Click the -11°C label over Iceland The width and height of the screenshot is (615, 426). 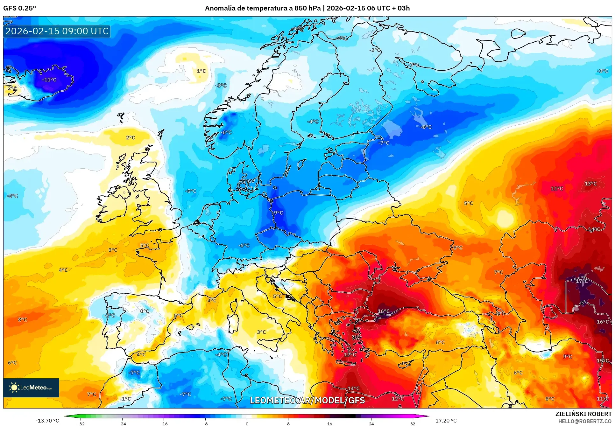49,80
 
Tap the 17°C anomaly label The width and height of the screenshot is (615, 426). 582,281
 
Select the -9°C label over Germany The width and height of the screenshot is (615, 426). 278,213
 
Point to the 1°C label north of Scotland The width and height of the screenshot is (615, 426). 201,71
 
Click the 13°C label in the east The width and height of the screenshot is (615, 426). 590,184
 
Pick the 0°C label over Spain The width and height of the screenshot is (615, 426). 145,311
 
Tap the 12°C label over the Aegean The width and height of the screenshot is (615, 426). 350,354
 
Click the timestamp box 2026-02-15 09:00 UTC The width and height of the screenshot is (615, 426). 57,31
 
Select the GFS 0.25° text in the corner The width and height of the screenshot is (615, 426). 19,8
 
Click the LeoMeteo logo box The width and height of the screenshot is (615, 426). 31,388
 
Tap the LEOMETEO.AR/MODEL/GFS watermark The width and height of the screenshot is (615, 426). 307,400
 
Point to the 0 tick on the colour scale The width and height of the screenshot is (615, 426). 247,423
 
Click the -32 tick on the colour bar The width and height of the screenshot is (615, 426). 81,423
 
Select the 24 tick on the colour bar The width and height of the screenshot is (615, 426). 371,423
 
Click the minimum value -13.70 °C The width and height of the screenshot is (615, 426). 47,421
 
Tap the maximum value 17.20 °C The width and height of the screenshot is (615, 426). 446,421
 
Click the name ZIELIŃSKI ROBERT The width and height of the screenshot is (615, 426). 583,414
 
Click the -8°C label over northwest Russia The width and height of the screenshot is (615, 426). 426,127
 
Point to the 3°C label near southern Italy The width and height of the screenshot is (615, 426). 261,332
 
